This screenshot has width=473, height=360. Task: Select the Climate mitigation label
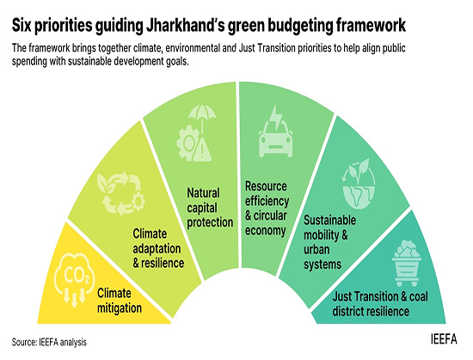(120, 301)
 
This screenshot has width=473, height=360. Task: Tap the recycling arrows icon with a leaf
(120, 194)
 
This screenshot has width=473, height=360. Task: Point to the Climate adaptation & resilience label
(158, 249)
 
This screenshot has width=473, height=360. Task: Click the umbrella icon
(202, 117)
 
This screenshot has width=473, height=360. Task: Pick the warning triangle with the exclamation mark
(202, 149)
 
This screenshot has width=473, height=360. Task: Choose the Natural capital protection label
(210, 208)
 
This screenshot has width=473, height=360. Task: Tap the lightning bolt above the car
(276, 118)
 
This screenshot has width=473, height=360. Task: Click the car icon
(276, 140)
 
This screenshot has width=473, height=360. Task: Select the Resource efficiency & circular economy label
(267, 208)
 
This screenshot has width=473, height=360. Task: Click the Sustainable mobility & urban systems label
(329, 242)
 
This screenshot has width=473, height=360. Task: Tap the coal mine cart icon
(407, 263)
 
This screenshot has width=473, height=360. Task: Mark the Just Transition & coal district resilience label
(380, 304)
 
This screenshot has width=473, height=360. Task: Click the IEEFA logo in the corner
(444, 339)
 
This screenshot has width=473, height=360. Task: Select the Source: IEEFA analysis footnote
(49, 342)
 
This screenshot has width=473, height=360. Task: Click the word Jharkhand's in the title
(185, 25)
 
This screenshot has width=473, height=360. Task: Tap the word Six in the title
(21, 25)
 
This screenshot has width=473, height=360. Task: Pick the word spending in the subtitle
(29, 62)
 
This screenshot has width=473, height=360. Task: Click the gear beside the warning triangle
(187, 143)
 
